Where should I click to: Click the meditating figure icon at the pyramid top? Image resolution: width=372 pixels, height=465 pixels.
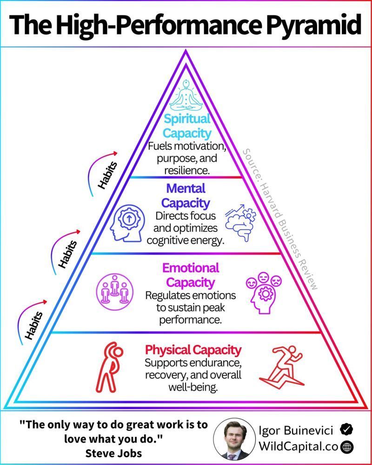coord(186,93)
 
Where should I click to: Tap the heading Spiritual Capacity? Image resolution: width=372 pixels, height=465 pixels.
coord(186,126)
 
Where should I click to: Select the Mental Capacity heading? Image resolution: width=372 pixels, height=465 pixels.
coord(186,196)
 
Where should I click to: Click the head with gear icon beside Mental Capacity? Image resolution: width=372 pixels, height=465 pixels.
coord(127,222)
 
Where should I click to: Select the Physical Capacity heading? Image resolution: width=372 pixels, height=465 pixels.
coord(193,350)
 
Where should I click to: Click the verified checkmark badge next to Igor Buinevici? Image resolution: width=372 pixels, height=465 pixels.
coord(345,429)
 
